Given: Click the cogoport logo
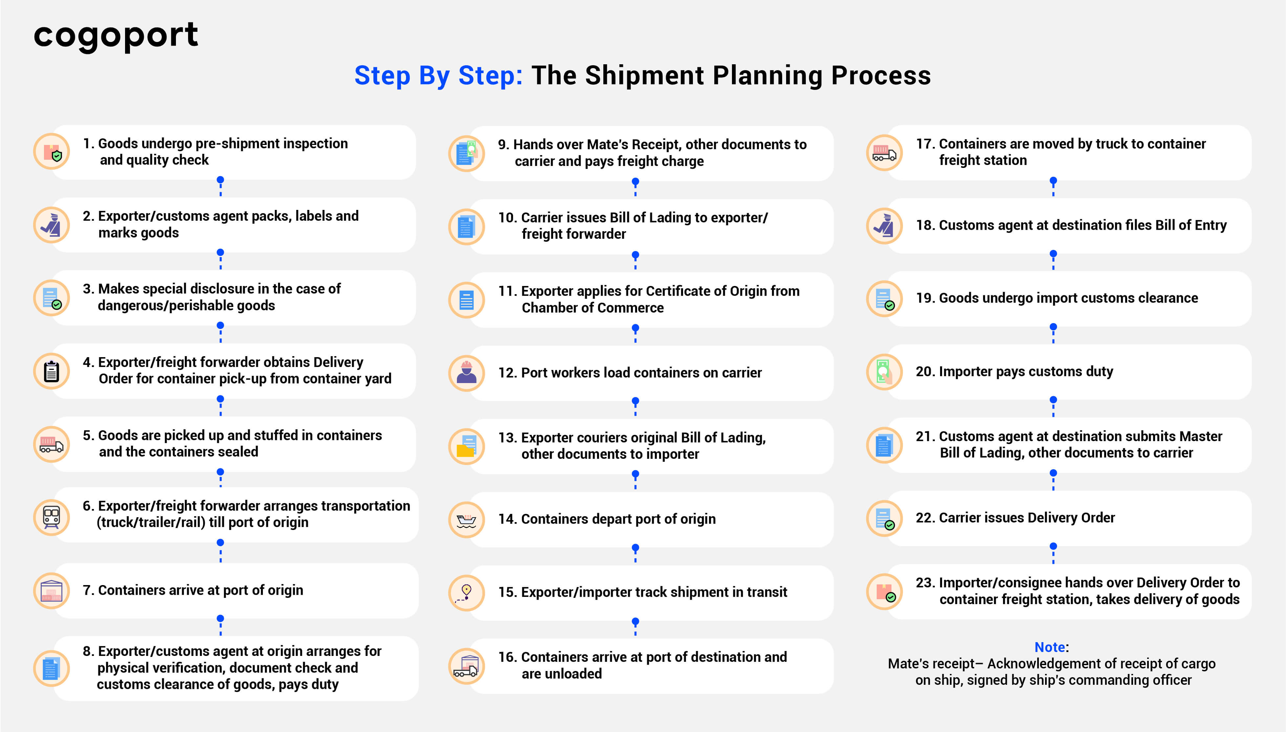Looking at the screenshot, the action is tap(116, 36).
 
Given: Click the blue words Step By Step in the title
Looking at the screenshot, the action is tap(438, 76).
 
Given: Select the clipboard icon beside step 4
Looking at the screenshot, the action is tap(51, 372).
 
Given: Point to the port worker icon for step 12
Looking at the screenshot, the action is tap(466, 373).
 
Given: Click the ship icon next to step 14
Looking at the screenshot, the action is tap(466, 520).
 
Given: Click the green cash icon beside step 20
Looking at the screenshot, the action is tap(884, 372).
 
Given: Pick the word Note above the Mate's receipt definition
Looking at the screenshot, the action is tap(1050, 647).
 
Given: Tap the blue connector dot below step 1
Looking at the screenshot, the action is tap(220, 179).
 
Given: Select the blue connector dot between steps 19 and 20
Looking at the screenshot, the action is tap(1053, 327).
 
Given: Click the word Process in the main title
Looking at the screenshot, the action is tap(881, 76).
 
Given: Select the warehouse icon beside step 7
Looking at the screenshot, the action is tap(51, 591).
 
